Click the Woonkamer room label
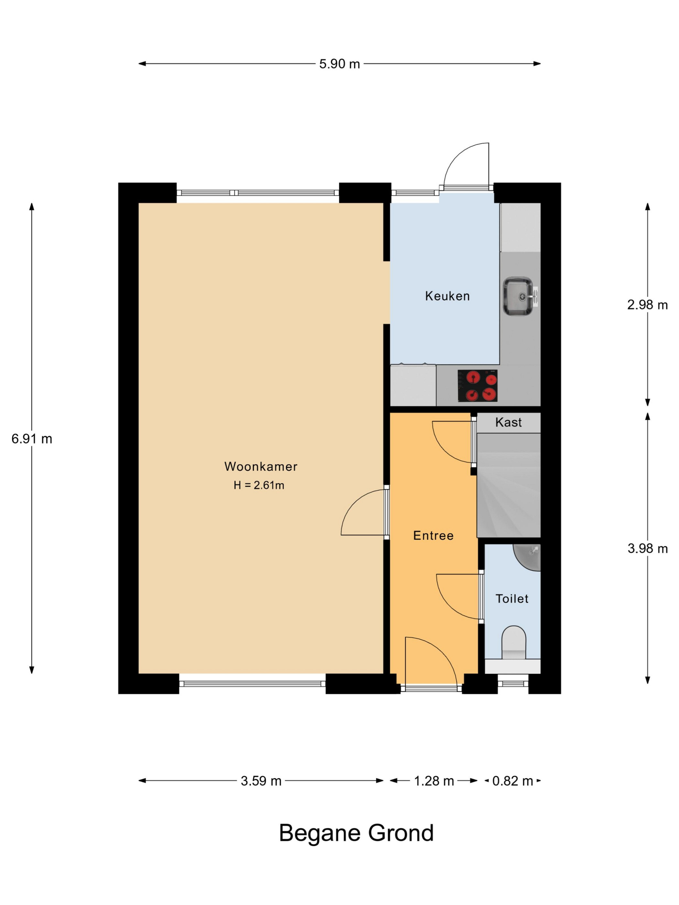(x=261, y=466)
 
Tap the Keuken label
(x=447, y=296)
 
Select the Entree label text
(x=434, y=536)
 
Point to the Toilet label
(x=512, y=599)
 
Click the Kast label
(x=508, y=422)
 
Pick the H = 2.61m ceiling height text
(x=259, y=485)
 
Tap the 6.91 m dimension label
(x=32, y=439)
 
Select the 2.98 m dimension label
(x=648, y=305)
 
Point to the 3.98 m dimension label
(x=648, y=548)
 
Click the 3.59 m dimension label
(x=261, y=781)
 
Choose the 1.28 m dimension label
(x=434, y=781)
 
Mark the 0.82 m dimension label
(x=512, y=781)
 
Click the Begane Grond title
(x=356, y=833)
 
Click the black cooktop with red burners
(x=477, y=385)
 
